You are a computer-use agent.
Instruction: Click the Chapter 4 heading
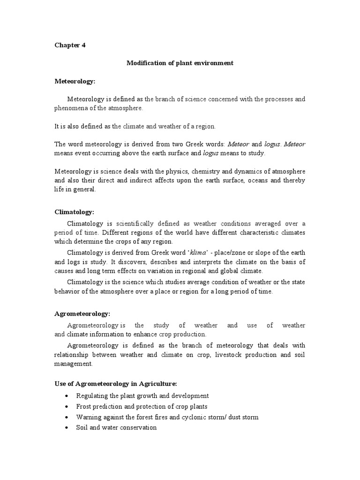[70, 45]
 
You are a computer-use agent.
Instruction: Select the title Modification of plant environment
[180, 63]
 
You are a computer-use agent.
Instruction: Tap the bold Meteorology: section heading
[75, 81]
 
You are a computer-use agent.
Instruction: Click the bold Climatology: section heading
[74, 212]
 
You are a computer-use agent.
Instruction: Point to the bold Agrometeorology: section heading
[82, 314]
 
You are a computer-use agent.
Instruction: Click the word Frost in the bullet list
[84, 406]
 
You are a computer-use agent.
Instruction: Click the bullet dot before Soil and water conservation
[68, 428]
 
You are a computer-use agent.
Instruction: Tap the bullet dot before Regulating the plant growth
[68, 396]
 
